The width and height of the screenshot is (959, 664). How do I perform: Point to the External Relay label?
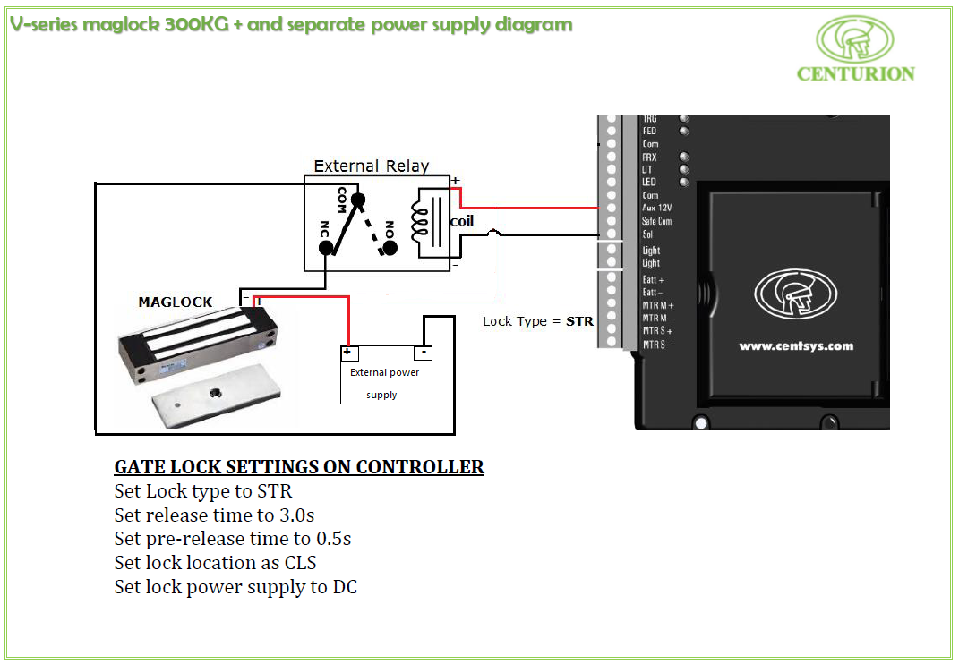click(371, 166)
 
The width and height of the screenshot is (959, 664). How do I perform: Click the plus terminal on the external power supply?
click(347, 353)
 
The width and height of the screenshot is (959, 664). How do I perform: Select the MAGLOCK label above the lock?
click(176, 302)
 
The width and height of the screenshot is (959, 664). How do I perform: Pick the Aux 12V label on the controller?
click(656, 208)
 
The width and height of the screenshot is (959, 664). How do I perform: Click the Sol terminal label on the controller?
click(647, 234)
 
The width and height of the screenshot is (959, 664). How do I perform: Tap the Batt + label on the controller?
click(653, 280)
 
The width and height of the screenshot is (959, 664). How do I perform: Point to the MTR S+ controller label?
click(657, 331)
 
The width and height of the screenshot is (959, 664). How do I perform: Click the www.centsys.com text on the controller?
click(795, 346)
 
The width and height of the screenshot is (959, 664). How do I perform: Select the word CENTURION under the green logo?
click(855, 74)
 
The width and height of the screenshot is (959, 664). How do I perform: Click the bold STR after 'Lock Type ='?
click(579, 321)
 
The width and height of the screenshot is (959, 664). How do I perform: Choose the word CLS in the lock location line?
click(298, 563)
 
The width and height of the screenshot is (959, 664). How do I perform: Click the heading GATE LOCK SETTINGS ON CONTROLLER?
click(299, 467)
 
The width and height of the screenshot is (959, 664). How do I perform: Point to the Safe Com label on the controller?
click(656, 221)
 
